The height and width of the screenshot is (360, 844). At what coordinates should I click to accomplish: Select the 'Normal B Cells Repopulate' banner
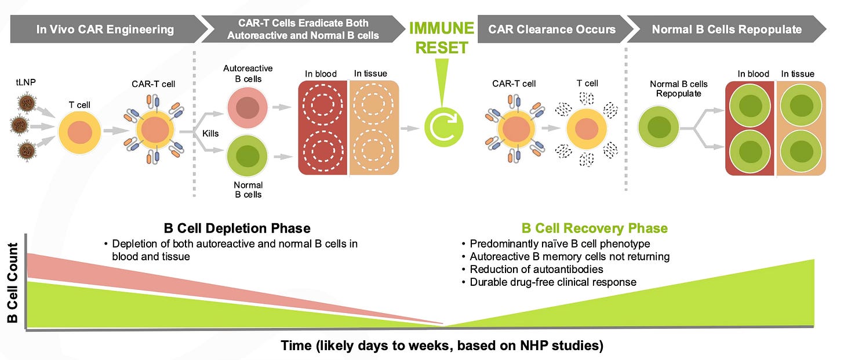click(x=726, y=29)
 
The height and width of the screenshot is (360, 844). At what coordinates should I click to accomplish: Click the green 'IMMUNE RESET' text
click(x=442, y=38)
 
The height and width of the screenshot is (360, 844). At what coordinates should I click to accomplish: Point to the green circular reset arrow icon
click(x=443, y=127)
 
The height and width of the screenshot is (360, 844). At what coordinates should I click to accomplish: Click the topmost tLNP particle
click(x=27, y=103)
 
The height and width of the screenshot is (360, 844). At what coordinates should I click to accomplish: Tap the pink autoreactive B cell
click(x=247, y=107)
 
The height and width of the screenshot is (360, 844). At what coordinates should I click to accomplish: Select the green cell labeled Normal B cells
click(x=247, y=156)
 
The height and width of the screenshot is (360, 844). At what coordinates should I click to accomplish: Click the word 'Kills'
click(x=210, y=133)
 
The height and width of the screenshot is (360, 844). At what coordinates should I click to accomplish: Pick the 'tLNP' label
click(x=26, y=82)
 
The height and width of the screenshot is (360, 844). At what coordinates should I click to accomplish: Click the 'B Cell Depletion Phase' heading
click(x=237, y=228)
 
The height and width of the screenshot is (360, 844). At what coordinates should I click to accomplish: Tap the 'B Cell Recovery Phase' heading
click(x=595, y=228)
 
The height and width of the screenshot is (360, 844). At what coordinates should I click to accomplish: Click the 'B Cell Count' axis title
click(x=12, y=283)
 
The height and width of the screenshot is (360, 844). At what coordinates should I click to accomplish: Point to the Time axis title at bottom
click(x=442, y=346)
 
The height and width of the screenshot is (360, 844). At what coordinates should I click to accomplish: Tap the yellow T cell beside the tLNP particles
click(x=79, y=132)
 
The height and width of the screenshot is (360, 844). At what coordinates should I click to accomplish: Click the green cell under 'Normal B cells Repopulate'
click(x=659, y=126)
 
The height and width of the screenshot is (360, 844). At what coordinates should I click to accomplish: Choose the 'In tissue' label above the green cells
click(x=798, y=74)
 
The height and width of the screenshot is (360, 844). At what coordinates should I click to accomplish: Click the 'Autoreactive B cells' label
click(x=248, y=74)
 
